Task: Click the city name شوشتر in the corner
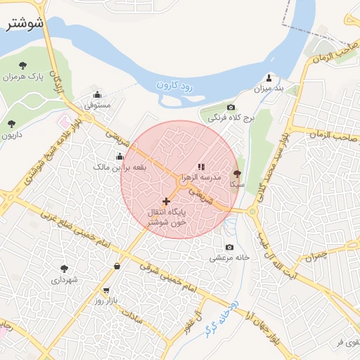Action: [x=24, y=22]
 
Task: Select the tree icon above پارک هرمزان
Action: [x=22, y=65]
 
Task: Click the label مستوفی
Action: [x=98, y=105]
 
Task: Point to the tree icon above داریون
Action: [x=11, y=124]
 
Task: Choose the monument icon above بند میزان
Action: [x=269, y=77]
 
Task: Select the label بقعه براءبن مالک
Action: [x=120, y=167]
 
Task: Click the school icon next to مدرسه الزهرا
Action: [x=201, y=167]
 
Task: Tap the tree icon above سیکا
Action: [x=236, y=173]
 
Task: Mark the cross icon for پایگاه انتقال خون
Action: [x=166, y=201]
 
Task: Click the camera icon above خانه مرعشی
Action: [x=229, y=247]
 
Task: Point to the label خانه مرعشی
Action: [x=229, y=257]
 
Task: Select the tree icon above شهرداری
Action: [x=65, y=269]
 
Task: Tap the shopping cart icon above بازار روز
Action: [x=105, y=290]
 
